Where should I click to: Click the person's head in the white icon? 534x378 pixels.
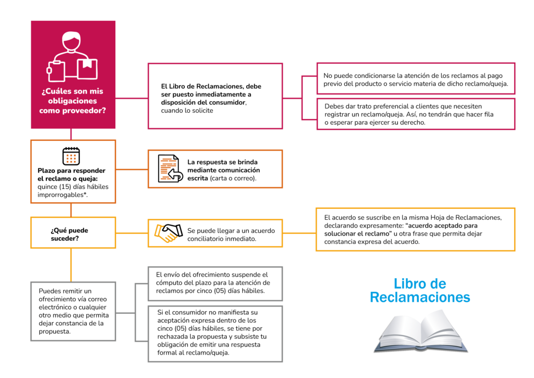point(71,41)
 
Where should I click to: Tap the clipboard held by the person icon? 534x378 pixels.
point(56,70)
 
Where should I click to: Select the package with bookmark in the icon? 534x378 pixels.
point(87,68)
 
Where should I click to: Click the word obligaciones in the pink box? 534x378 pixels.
point(72,101)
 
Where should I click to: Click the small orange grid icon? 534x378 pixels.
point(71,158)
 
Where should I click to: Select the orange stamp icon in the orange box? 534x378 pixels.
point(167,169)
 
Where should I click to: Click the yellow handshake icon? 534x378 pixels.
point(165,233)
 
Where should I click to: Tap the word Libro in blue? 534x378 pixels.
point(407,284)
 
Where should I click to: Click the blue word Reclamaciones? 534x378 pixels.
point(420,298)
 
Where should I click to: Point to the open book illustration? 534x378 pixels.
point(421,330)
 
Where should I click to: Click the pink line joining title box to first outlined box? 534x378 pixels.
point(131,98)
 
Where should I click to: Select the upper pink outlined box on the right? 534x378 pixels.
point(416,78)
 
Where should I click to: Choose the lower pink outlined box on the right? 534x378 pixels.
point(416,114)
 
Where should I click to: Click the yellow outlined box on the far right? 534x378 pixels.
point(415,230)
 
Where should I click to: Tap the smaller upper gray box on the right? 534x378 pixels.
point(215,284)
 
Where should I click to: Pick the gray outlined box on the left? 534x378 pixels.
point(72,311)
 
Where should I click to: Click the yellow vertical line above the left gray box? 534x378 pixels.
point(71,265)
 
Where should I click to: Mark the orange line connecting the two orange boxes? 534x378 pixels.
point(131,169)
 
